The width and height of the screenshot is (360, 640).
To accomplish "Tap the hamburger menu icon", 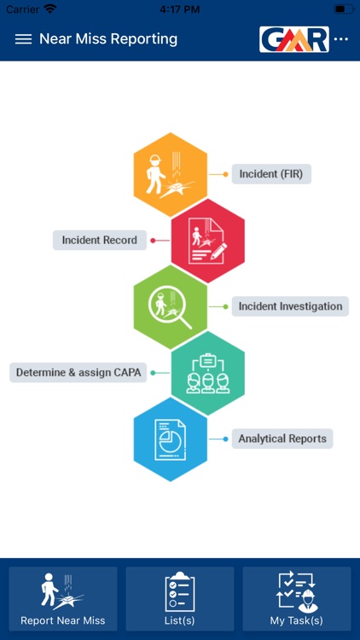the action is click(x=23, y=39).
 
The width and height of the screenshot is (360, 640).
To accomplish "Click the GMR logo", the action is click(x=293, y=39).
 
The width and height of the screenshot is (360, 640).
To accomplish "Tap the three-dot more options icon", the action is click(x=341, y=39).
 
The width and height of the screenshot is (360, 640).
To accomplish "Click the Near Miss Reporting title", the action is click(x=108, y=39).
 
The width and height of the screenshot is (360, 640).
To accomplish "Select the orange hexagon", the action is click(x=171, y=174).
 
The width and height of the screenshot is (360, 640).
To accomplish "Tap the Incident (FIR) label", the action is click(x=271, y=174).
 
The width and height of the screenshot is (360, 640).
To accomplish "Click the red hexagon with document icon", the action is click(x=208, y=241).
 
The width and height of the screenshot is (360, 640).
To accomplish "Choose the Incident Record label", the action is click(x=100, y=240).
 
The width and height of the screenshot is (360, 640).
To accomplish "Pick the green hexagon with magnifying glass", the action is click(x=171, y=306).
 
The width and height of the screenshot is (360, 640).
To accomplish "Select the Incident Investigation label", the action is click(x=290, y=306).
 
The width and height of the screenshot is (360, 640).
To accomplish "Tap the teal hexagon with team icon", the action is click(x=208, y=373).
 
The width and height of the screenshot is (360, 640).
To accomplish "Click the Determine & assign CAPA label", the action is click(x=78, y=372).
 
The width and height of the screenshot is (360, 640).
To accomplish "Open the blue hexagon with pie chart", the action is click(x=171, y=439).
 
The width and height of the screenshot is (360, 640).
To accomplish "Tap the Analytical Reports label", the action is click(x=282, y=439).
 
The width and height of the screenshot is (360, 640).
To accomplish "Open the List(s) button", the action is click(x=180, y=599).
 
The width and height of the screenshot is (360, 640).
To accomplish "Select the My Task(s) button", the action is click(x=297, y=599).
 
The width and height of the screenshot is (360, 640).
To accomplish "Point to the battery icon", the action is click(x=344, y=9).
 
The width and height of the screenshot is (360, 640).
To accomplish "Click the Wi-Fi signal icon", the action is click(x=50, y=9).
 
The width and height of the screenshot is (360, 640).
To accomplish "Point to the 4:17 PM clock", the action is click(x=180, y=9).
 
